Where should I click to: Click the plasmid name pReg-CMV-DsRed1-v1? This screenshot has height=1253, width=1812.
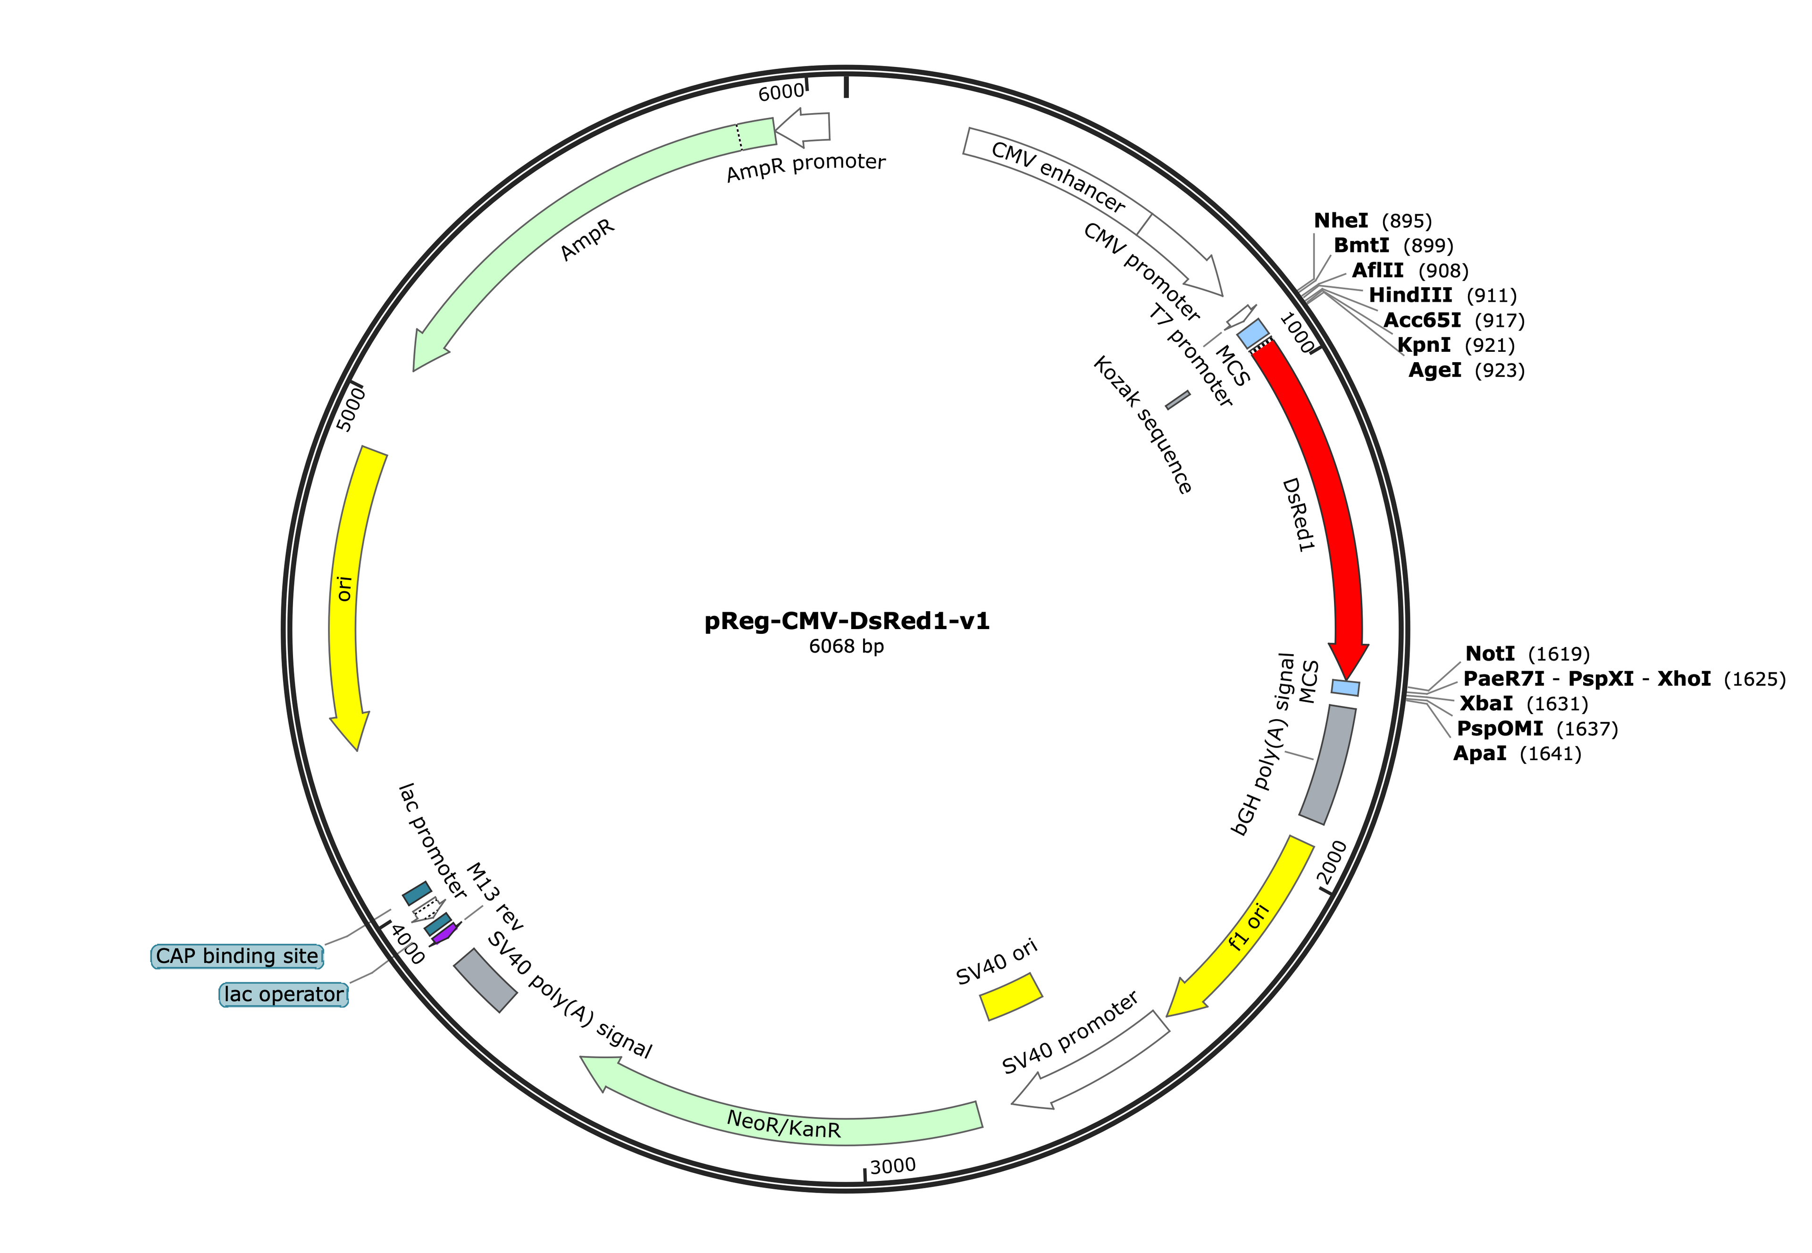(x=846, y=621)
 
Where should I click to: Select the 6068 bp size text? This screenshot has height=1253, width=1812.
(x=846, y=646)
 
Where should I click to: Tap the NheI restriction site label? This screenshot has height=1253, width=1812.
(x=1340, y=221)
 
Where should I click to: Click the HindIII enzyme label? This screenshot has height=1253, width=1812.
(x=1410, y=295)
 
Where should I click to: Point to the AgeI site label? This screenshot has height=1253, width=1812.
(x=1434, y=370)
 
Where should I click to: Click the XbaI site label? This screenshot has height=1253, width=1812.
(x=1485, y=704)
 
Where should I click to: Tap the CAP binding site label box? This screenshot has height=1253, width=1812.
(x=237, y=956)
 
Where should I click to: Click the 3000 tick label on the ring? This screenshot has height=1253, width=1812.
(x=893, y=1166)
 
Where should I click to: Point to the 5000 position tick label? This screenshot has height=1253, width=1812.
(x=350, y=411)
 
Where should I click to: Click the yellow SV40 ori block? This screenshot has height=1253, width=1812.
(x=1011, y=996)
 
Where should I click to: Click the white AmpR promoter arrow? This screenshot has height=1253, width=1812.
(x=803, y=130)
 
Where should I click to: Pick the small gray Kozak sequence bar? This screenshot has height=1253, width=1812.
(x=1177, y=400)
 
